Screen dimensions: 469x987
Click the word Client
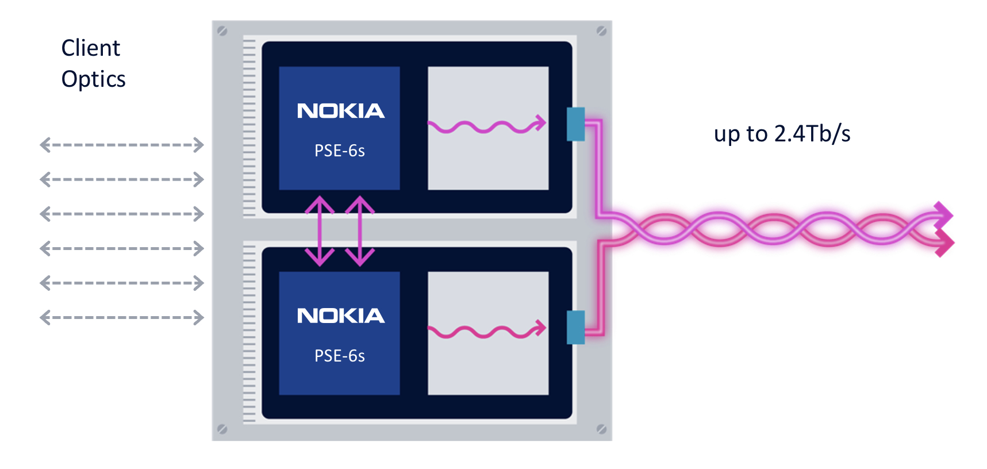pos(90,48)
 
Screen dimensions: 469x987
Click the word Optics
pos(93,79)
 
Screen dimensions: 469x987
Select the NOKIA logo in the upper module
pos(340,111)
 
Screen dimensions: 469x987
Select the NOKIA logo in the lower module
pos(340,316)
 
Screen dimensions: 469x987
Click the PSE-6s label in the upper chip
pos(339,151)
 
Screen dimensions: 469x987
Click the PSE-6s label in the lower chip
pos(339,356)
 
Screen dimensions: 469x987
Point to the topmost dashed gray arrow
pos(122,145)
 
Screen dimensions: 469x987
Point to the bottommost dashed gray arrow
pos(122,317)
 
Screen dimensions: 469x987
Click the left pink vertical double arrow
pos(320,231)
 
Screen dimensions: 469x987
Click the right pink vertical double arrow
pos(360,231)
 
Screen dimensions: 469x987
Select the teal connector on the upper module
pos(575,124)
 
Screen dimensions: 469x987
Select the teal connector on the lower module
pos(575,328)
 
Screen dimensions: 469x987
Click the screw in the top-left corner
pos(222,31)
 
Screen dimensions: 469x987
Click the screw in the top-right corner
pos(601,31)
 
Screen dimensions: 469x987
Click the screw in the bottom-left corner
pos(222,429)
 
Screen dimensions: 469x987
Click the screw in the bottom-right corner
pos(601,429)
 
